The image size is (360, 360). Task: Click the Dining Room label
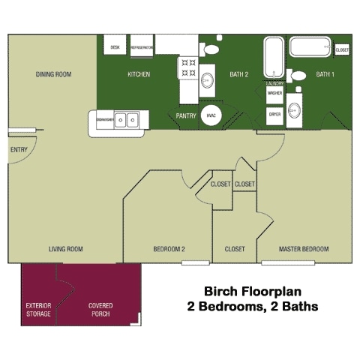[x=52, y=74]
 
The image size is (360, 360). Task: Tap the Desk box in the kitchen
[x=115, y=46]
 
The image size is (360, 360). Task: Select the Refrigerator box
[x=142, y=46]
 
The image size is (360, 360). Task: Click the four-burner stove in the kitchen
[x=187, y=66]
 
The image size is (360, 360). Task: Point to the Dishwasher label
[x=104, y=118]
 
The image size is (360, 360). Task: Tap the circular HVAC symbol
[x=211, y=116]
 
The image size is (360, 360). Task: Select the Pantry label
[x=185, y=116]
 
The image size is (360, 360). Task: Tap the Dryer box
[x=274, y=115]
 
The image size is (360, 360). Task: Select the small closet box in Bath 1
[x=342, y=49]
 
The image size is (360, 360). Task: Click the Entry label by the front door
[x=19, y=148]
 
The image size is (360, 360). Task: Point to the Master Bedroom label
[x=304, y=249]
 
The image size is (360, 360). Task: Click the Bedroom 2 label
[x=169, y=249]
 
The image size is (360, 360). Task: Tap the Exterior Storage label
[x=38, y=310]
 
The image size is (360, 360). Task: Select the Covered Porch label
[x=100, y=310]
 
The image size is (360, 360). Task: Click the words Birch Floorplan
[x=252, y=292]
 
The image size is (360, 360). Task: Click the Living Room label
[x=65, y=249]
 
